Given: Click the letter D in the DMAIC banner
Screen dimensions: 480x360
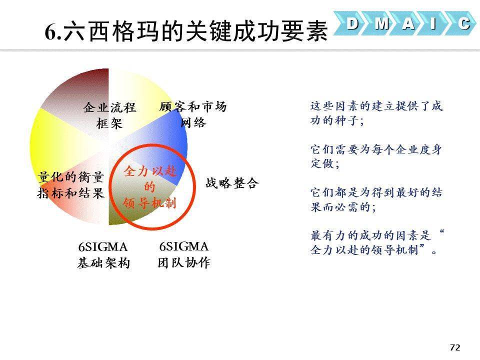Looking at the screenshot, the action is click(x=352, y=23).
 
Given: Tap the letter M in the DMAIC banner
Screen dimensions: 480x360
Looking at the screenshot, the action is click(x=381, y=23).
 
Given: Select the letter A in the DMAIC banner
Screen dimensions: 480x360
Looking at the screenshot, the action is click(x=408, y=23).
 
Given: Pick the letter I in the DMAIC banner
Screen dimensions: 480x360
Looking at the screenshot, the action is click(x=433, y=23).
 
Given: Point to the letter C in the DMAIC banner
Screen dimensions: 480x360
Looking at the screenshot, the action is click(x=464, y=23).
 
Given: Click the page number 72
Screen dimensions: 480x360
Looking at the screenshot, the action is click(x=455, y=347).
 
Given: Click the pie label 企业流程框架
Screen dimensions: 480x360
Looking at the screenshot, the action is click(x=109, y=115).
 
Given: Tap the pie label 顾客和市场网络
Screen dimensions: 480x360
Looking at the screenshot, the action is click(x=193, y=114).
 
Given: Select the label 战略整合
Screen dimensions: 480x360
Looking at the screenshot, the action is click(x=232, y=183).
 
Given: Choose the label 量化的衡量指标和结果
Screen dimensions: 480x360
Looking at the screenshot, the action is click(x=70, y=185).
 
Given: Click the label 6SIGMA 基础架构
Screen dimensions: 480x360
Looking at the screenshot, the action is click(x=103, y=254).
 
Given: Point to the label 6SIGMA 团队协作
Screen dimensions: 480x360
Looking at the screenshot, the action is click(x=184, y=254).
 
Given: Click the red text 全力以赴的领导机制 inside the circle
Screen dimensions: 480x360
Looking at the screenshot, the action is click(x=149, y=186).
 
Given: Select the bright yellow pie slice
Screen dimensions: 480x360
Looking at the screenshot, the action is click(x=55, y=144).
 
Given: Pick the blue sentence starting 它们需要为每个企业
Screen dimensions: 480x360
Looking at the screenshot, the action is click(x=376, y=156).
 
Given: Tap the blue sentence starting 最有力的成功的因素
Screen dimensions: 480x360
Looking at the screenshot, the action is click(x=377, y=243).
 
